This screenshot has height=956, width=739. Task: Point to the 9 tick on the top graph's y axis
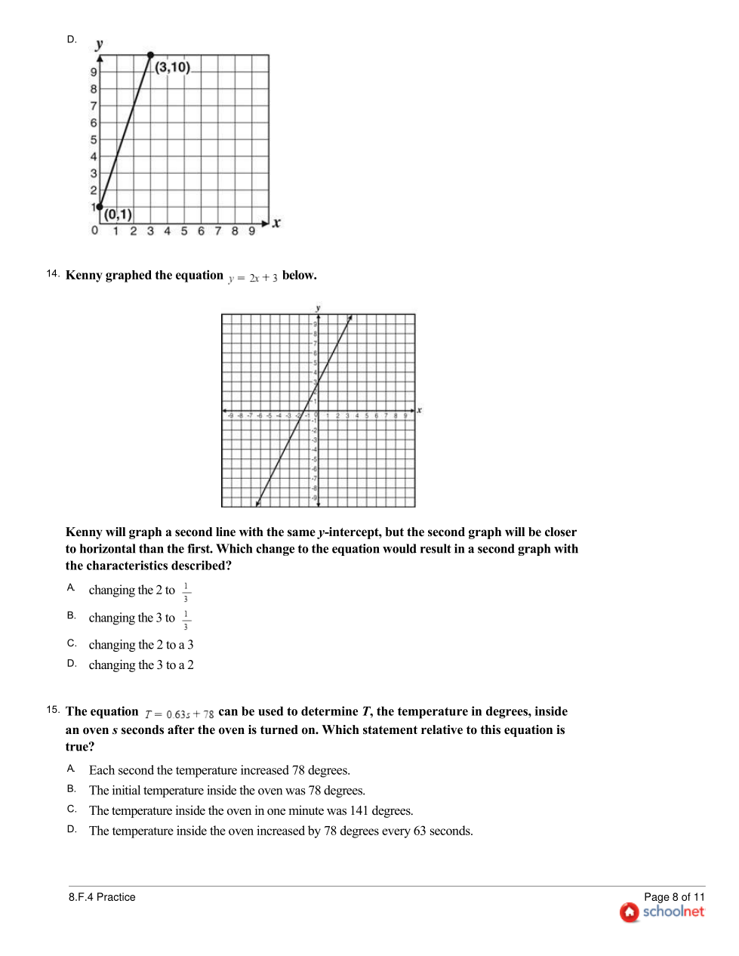pyautogui.click(x=94, y=72)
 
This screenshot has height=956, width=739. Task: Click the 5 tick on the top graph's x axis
pyautogui.click(x=184, y=231)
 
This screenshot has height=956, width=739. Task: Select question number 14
pyautogui.click(x=52, y=273)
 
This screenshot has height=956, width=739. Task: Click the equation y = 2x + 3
pyautogui.click(x=253, y=278)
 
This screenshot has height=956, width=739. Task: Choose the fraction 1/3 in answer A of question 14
pyautogui.click(x=186, y=592)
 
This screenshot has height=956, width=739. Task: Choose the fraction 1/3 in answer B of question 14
pyautogui.click(x=186, y=620)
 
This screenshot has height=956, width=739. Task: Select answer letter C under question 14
pyautogui.click(x=72, y=643)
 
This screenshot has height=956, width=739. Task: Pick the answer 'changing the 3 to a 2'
pyautogui.click(x=141, y=665)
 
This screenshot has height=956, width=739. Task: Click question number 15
pyautogui.click(x=52, y=710)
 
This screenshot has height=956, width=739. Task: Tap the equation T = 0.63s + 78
pyautogui.click(x=180, y=714)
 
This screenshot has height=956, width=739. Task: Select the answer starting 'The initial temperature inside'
pyautogui.click(x=227, y=791)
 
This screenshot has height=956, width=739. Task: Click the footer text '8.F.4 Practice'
pyautogui.click(x=102, y=897)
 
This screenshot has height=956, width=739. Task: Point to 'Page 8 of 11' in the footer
pyautogui.click(x=674, y=897)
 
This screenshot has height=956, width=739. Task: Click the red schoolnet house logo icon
pyautogui.click(x=629, y=912)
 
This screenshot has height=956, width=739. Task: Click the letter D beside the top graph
pyautogui.click(x=72, y=39)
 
